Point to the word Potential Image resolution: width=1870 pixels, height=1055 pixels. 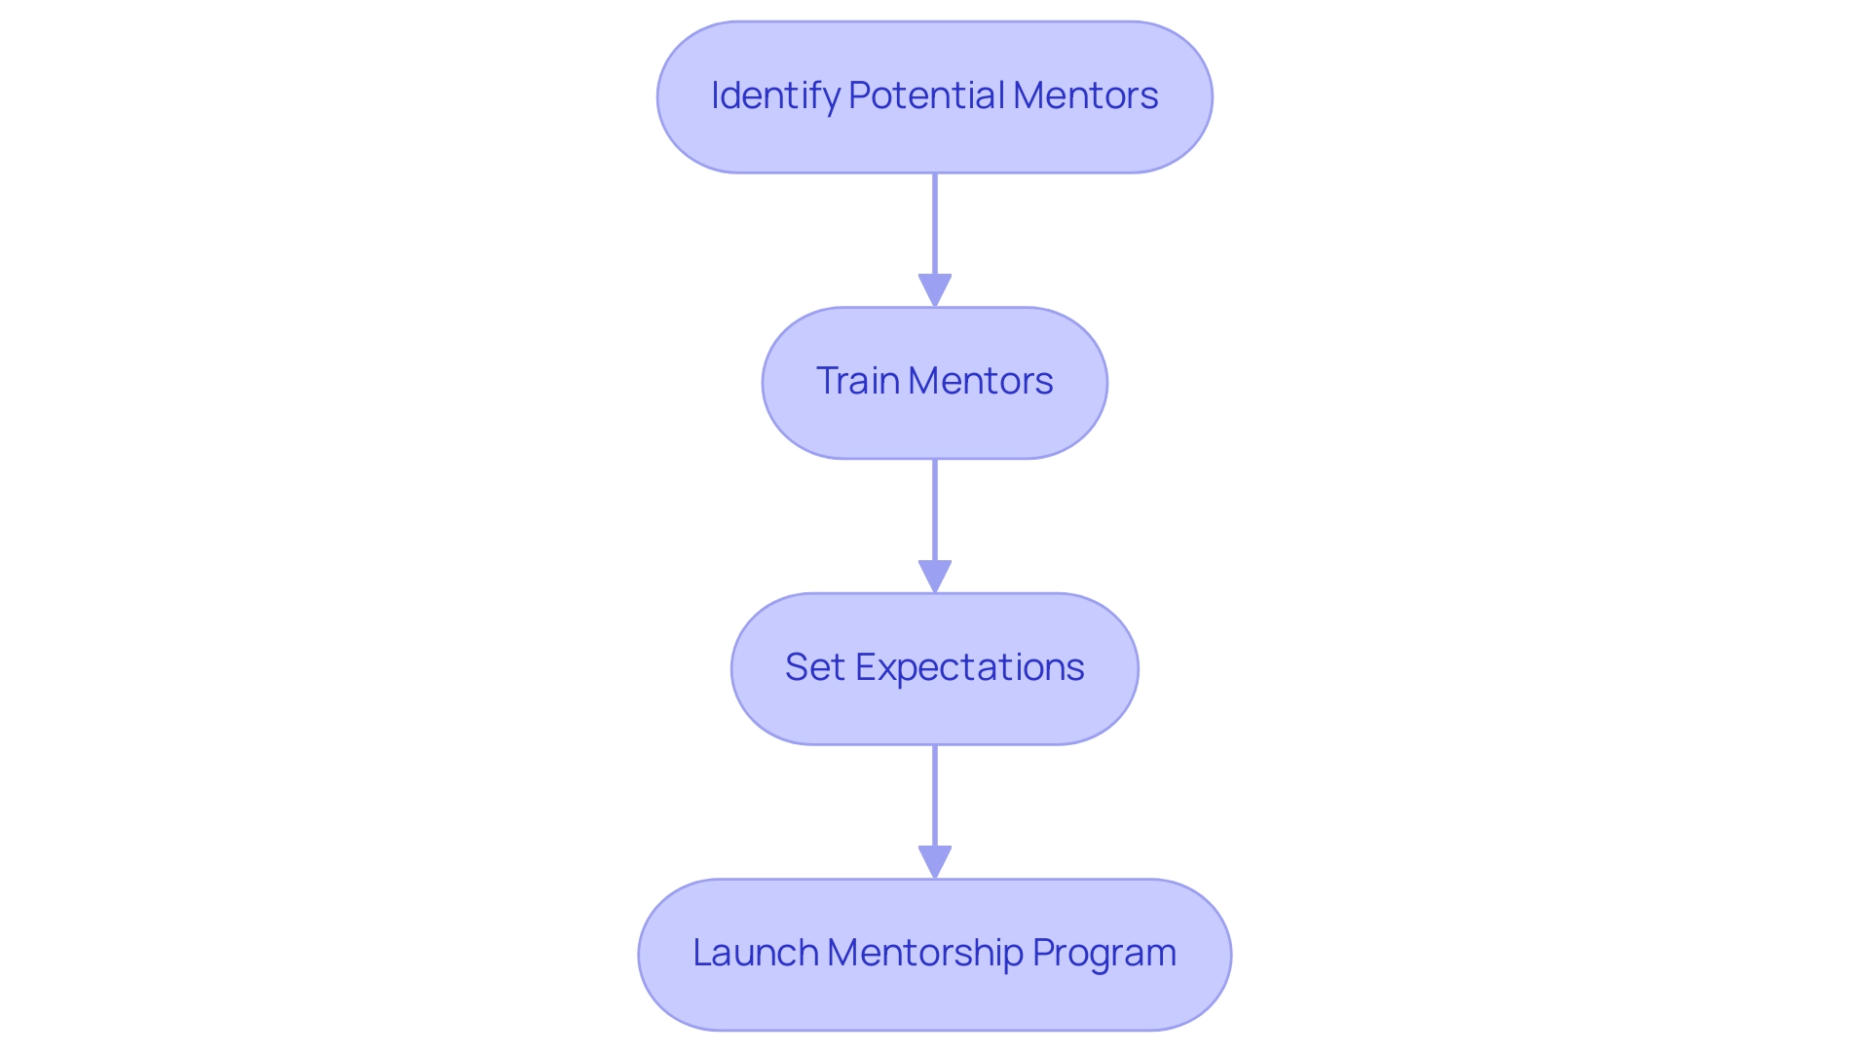pyautogui.click(x=925, y=95)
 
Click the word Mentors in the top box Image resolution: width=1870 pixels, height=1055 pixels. pyautogui.click(x=1085, y=95)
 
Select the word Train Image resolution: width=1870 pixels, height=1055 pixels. pyautogui.click(x=857, y=381)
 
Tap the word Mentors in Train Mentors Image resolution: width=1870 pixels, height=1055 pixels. pyautogui.click(x=980, y=381)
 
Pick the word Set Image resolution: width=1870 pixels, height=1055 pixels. pyautogui.click(x=814, y=667)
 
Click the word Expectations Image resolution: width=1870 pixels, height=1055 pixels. pyautogui.click(x=969, y=667)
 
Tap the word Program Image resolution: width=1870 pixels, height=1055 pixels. pyautogui.click(x=1103, y=953)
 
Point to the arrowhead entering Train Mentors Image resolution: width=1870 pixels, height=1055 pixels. pyautogui.click(x=935, y=290)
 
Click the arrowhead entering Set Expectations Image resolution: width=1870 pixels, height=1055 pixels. pyautogui.click(x=935, y=576)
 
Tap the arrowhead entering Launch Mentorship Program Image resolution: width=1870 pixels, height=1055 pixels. pyautogui.click(x=935, y=862)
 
